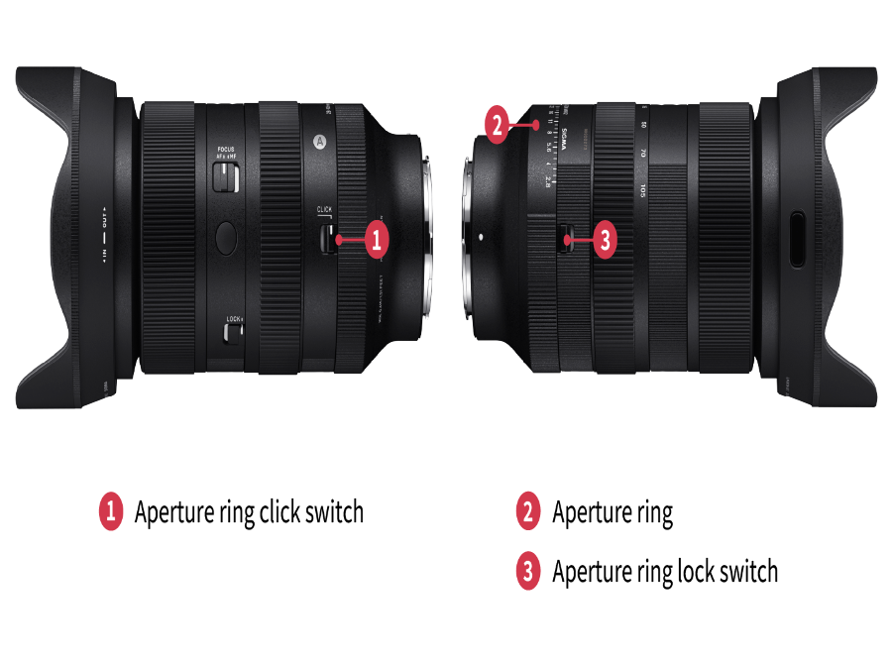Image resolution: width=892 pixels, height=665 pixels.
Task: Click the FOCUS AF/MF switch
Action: [229, 177]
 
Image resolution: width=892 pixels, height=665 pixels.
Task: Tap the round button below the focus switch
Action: [226, 236]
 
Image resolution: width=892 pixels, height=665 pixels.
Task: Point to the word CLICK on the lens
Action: [324, 210]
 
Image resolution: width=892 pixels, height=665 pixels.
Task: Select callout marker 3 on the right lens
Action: [607, 239]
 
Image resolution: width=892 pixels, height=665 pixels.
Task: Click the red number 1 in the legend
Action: [110, 511]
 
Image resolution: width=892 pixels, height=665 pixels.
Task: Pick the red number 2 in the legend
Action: [527, 511]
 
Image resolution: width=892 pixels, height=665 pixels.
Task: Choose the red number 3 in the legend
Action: [527, 571]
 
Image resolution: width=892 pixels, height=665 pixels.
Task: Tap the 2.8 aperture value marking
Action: [547, 180]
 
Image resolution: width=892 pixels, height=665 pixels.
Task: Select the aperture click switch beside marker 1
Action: [324, 239]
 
